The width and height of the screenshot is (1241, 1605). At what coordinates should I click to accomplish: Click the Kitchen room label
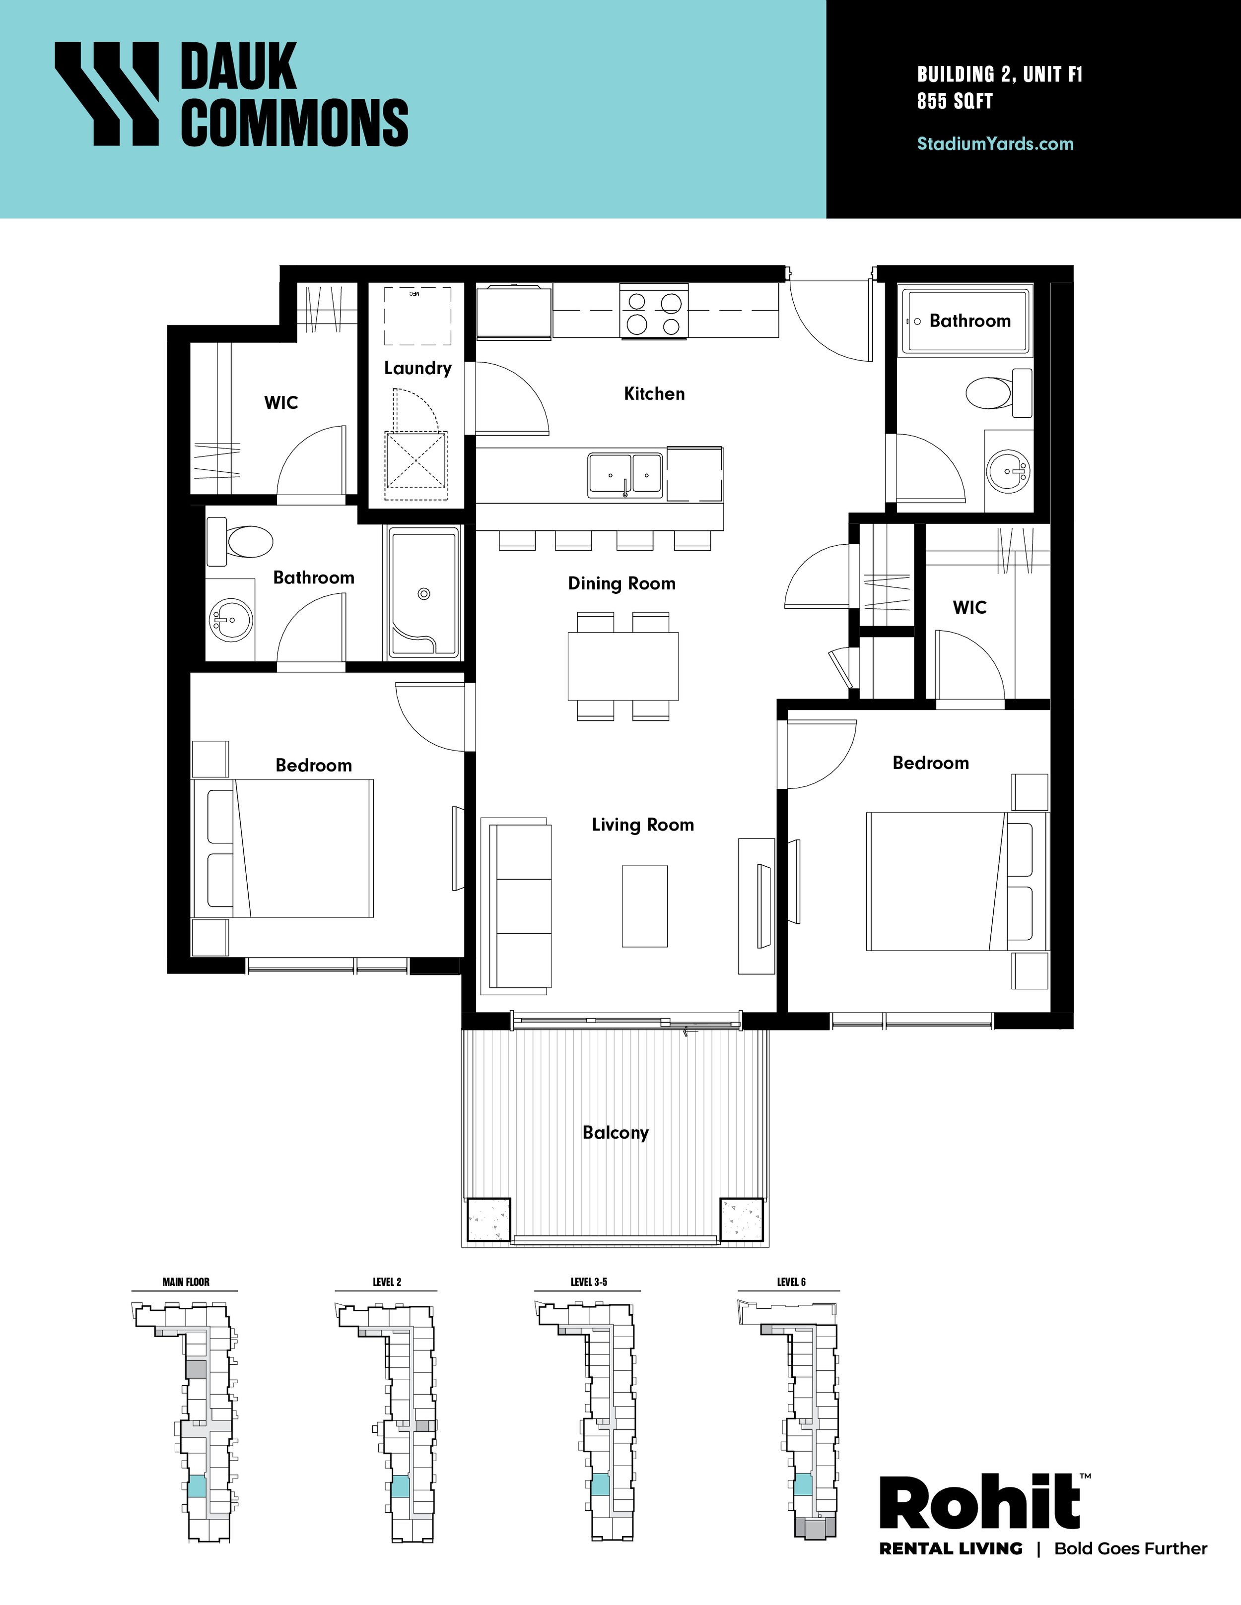pyautogui.click(x=654, y=394)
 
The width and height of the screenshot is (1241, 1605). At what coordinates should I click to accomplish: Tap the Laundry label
pyautogui.click(x=417, y=368)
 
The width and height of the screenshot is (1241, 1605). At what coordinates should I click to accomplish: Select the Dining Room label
pyautogui.click(x=621, y=583)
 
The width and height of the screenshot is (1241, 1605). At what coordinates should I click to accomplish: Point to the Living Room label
pyautogui.click(x=642, y=825)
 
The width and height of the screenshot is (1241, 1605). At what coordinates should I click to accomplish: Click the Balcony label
pyautogui.click(x=616, y=1133)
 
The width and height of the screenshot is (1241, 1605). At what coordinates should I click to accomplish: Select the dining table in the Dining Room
pyautogui.click(x=622, y=666)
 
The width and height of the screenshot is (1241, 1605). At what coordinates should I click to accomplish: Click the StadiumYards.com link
pyautogui.click(x=995, y=143)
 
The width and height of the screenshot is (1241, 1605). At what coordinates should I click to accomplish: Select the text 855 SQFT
pyautogui.click(x=954, y=101)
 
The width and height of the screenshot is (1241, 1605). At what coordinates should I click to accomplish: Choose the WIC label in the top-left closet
pyautogui.click(x=281, y=403)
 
